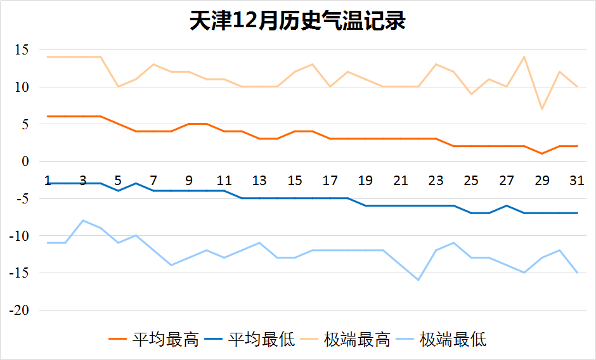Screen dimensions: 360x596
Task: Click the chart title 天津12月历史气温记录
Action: coord(297,21)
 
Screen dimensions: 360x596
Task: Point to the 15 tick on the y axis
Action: coord(22,50)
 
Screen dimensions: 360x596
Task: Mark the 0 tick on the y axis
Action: coord(26,162)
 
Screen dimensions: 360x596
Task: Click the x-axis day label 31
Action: coord(576,181)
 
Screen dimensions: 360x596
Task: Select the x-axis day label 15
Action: coord(294,181)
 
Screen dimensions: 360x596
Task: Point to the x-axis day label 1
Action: coord(48,181)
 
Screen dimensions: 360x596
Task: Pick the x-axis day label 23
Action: coord(436,181)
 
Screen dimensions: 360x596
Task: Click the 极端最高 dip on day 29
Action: coord(541,109)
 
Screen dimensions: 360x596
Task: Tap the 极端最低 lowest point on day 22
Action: coord(418,280)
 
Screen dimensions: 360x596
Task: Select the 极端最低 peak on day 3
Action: coord(82,221)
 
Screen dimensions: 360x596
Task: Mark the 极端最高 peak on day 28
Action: coord(524,57)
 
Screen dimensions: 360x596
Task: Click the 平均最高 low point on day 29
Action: coord(541,153)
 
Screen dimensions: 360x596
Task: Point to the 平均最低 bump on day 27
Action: coord(506,205)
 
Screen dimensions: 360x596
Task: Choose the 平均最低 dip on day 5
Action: coord(118,191)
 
